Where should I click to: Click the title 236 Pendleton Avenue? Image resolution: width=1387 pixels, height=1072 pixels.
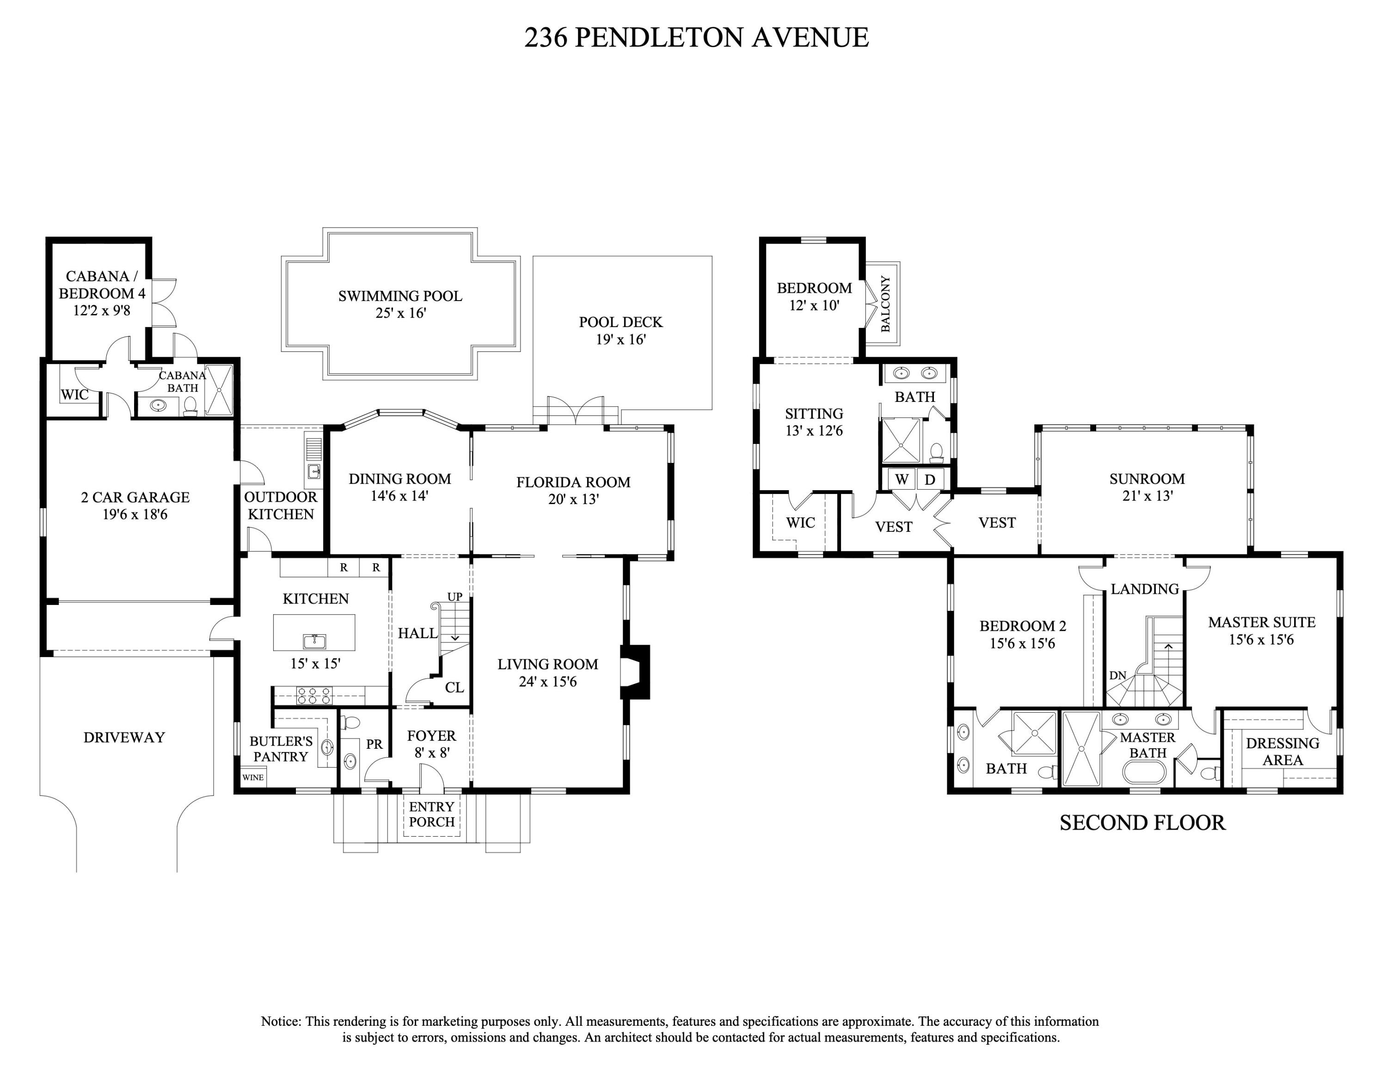[x=696, y=37]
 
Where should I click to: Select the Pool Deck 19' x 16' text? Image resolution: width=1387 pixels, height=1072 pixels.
[x=620, y=331]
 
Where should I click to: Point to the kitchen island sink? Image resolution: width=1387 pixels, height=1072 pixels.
[x=314, y=641]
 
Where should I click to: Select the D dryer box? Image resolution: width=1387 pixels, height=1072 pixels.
[x=930, y=480]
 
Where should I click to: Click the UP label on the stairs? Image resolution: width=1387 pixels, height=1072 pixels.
[x=455, y=597]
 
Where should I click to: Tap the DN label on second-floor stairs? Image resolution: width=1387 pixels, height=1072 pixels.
[x=1118, y=676]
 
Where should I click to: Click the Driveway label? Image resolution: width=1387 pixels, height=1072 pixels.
[x=124, y=737]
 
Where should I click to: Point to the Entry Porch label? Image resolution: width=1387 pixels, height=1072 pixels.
[x=431, y=814]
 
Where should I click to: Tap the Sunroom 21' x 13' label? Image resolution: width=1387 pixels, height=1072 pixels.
[x=1147, y=487]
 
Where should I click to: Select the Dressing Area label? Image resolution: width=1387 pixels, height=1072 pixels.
[x=1282, y=752]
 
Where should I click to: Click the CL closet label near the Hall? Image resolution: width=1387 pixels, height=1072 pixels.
[x=454, y=687]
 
